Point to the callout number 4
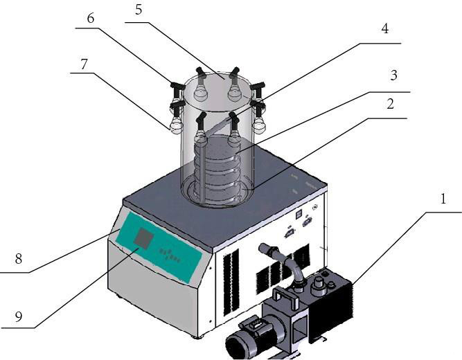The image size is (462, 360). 385,30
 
